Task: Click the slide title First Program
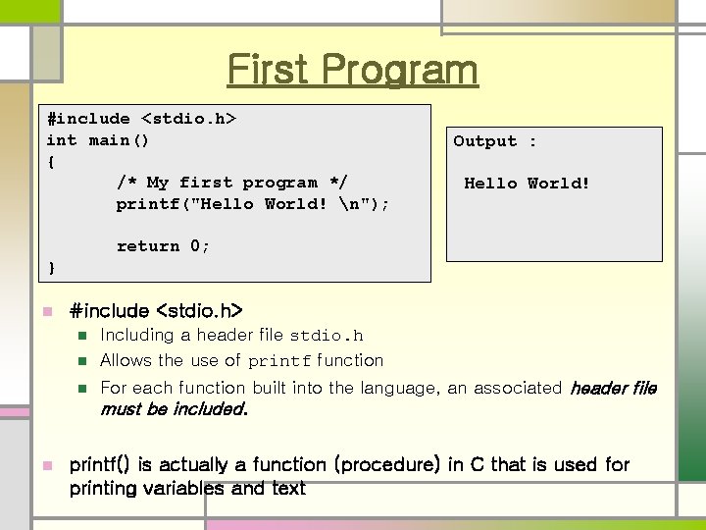click(x=353, y=71)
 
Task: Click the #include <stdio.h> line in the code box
click(x=142, y=120)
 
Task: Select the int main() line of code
click(x=98, y=140)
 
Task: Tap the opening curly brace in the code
click(x=51, y=161)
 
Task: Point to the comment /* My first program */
click(x=231, y=183)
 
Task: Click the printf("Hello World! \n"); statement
click(x=252, y=204)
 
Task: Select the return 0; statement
click(x=163, y=246)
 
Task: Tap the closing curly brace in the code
click(x=51, y=267)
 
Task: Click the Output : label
click(x=494, y=141)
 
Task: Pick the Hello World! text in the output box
click(x=527, y=184)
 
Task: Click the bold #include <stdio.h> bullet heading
click(x=156, y=312)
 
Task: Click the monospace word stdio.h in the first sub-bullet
click(x=326, y=337)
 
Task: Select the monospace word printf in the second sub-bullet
click(x=279, y=362)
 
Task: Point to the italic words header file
click(x=613, y=389)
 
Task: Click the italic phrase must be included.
click(x=174, y=409)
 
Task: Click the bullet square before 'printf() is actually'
click(x=45, y=464)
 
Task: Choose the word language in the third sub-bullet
click(x=399, y=389)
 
